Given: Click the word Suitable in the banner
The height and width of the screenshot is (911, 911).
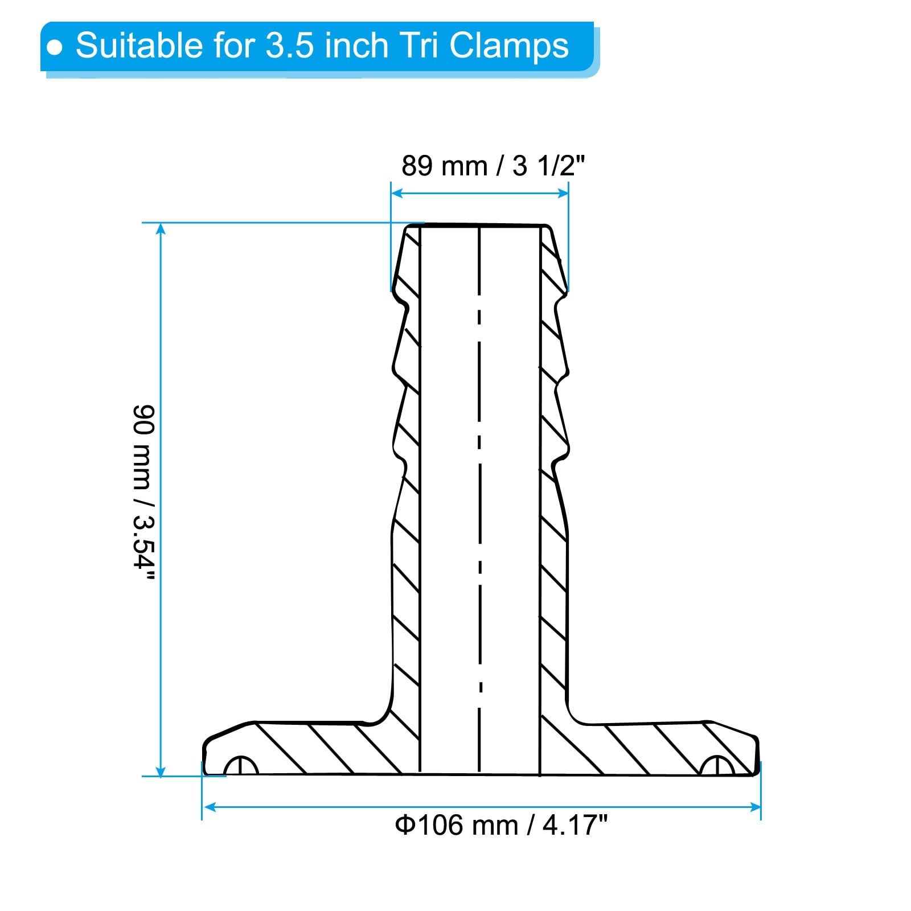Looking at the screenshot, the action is click(x=139, y=45).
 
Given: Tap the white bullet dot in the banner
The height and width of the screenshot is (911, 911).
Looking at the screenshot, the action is click(x=55, y=47).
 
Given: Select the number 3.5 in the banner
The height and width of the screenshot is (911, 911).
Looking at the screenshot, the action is click(x=290, y=46).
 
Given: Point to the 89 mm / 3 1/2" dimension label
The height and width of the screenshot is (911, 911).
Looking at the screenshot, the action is click(x=493, y=166).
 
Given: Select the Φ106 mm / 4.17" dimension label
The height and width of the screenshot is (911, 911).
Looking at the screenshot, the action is click(x=502, y=824).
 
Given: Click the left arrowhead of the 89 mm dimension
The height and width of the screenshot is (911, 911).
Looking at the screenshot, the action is click(x=397, y=193).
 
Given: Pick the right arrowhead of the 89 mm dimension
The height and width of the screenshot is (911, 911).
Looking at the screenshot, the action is click(x=563, y=193).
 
